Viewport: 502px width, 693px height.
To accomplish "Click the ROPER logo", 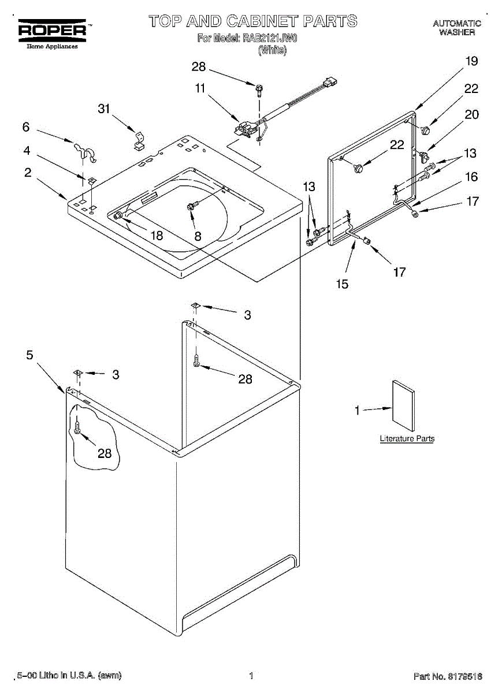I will [x=51, y=30].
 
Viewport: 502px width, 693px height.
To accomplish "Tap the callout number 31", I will [x=103, y=109].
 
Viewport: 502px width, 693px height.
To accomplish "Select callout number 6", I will [x=25, y=127].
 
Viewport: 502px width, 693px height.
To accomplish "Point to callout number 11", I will [x=200, y=88].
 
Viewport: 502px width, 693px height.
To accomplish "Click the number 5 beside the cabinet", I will [x=29, y=355].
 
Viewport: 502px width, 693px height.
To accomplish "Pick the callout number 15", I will [x=343, y=284].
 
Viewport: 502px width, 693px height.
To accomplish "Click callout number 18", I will [x=157, y=236].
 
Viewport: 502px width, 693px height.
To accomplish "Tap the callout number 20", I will [x=472, y=114].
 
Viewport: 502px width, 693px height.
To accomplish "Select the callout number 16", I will [x=472, y=177].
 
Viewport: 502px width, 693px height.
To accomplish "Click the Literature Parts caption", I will [x=407, y=439].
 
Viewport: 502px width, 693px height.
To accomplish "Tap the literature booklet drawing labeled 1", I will [x=403, y=405].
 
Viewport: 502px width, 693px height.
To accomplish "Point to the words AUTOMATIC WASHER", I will [x=457, y=28].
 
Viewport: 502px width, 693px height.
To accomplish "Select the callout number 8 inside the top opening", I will [x=198, y=236].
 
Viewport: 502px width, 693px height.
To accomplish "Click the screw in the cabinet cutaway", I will [x=77, y=427].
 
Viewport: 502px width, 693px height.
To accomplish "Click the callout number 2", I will [x=28, y=172].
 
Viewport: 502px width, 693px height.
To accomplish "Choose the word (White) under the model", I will [x=272, y=50].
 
